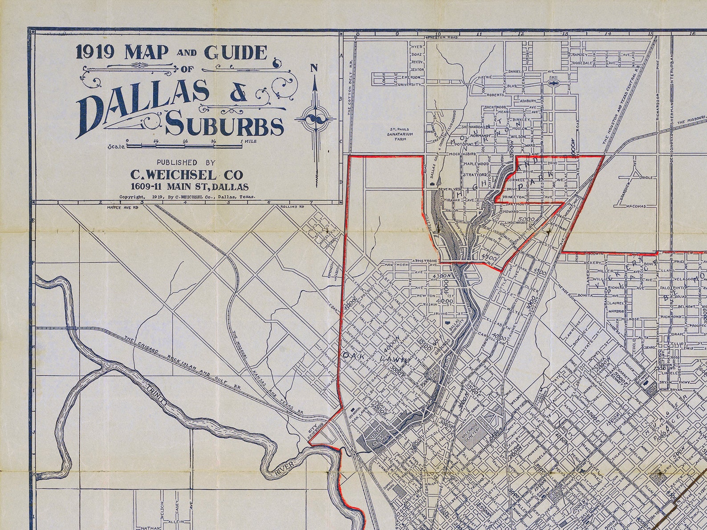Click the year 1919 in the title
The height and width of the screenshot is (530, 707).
[x=96, y=53]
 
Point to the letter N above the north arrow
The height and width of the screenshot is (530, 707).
[x=314, y=68]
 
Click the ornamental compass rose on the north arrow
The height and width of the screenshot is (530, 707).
[x=315, y=119]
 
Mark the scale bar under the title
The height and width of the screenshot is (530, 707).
[x=185, y=145]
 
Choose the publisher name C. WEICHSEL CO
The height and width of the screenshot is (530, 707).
[x=187, y=174]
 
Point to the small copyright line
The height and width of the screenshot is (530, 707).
[x=187, y=196]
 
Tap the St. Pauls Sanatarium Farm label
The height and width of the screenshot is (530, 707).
[x=400, y=134]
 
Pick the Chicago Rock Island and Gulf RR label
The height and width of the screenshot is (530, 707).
[x=183, y=363]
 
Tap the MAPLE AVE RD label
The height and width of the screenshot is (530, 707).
[x=122, y=207]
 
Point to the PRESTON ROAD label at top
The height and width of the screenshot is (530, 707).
[x=442, y=38]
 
